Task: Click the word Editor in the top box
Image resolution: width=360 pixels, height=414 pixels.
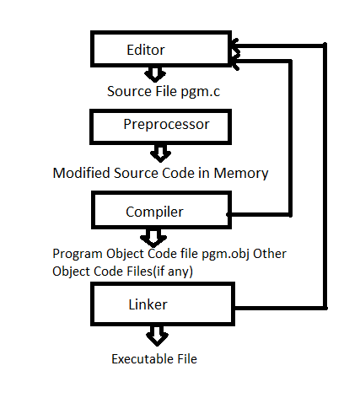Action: (146, 50)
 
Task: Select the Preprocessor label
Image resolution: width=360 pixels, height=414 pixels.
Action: (166, 125)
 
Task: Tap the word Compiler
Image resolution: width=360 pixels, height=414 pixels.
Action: (154, 212)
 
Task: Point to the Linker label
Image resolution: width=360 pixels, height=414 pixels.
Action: (148, 304)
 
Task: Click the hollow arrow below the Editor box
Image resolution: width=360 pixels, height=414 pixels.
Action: (155, 74)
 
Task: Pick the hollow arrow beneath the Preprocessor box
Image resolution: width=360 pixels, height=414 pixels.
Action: (160, 153)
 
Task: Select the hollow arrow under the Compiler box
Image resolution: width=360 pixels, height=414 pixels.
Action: (153, 238)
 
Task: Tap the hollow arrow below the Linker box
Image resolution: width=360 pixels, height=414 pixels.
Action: (157, 336)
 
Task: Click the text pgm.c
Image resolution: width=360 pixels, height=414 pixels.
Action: (200, 92)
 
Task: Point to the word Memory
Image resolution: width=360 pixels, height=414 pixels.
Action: (241, 174)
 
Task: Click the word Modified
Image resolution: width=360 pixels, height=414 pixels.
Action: (81, 173)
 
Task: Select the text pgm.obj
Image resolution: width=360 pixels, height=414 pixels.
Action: (226, 255)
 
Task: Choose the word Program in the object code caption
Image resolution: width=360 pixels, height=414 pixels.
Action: (78, 255)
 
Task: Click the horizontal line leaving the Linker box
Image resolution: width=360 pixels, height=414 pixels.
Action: (281, 309)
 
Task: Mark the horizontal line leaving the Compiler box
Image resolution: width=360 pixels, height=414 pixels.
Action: (259, 214)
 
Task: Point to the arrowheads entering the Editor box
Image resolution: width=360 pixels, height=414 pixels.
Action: (235, 54)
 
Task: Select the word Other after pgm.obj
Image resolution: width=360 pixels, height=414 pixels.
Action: (270, 254)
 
